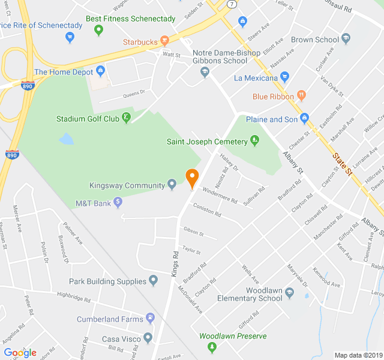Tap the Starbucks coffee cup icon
coord(164,41)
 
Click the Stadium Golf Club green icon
coord(127,119)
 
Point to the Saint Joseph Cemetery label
coord(207,142)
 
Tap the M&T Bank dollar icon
coord(118,203)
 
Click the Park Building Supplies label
coord(107,281)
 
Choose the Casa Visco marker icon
coord(148,338)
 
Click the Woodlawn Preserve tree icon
coord(211,347)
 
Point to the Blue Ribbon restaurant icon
coord(301,96)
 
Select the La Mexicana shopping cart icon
coord(285,77)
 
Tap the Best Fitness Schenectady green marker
coord(98,30)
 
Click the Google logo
coord(20,353)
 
